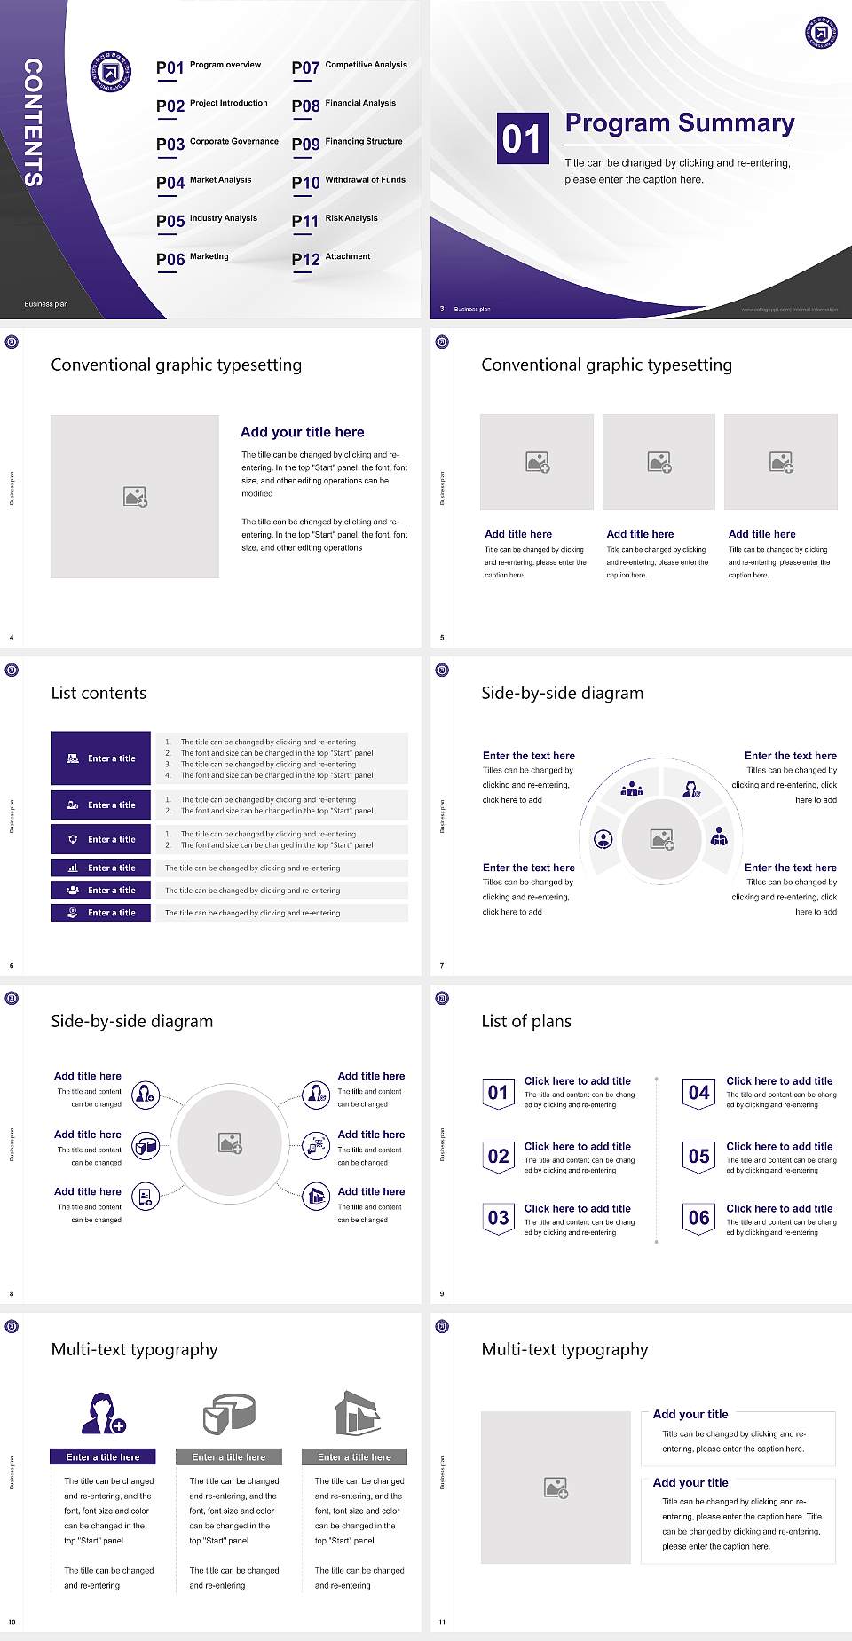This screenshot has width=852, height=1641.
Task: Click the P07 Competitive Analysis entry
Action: point(350,67)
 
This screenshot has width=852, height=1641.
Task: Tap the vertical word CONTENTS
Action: point(33,122)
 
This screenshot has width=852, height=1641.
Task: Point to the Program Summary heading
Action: point(679,123)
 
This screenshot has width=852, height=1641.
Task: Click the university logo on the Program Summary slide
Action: point(821,33)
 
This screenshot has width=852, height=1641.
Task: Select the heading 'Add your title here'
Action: point(302,432)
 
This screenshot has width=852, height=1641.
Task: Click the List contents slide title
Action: point(99,693)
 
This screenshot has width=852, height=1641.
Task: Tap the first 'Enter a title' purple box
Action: point(101,758)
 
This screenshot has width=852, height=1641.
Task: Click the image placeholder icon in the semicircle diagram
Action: point(662,839)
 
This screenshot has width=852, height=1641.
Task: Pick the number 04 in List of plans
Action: point(699,1093)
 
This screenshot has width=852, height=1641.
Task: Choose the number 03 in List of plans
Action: point(499,1218)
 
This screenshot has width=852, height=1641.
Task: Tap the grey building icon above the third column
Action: point(358,1413)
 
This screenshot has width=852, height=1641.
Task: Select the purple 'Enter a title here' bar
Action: point(103,1456)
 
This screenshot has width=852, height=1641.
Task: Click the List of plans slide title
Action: point(526,1021)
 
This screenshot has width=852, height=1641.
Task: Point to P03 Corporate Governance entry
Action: point(217,144)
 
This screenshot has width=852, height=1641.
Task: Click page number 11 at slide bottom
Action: point(442,1622)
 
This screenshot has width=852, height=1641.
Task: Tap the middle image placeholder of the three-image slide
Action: point(659,462)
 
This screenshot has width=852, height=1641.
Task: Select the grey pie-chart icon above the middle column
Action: point(230,1413)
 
